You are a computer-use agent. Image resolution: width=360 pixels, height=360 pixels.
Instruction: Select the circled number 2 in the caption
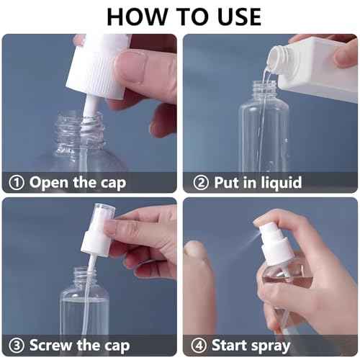click(201, 182)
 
